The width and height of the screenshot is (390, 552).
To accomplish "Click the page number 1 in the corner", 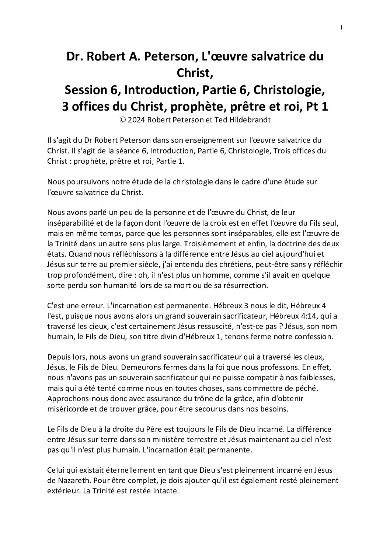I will [341, 27].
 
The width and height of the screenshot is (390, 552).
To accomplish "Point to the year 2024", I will [134, 120].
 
